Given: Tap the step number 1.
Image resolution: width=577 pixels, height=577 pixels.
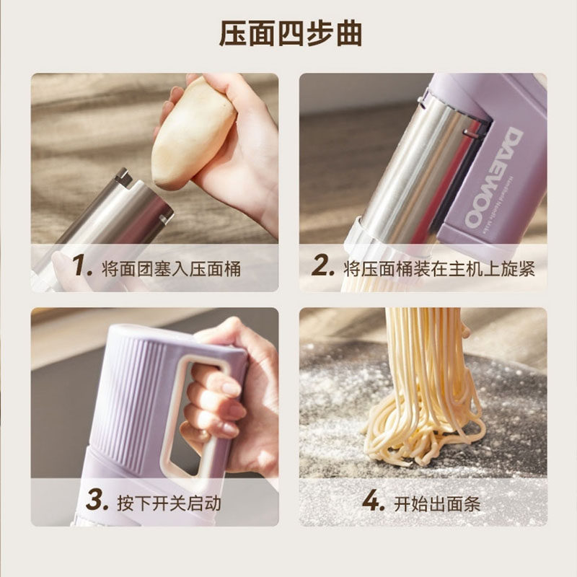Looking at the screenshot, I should (x=83, y=267).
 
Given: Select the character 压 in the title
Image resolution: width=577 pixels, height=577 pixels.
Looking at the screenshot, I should (x=234, y=33).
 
